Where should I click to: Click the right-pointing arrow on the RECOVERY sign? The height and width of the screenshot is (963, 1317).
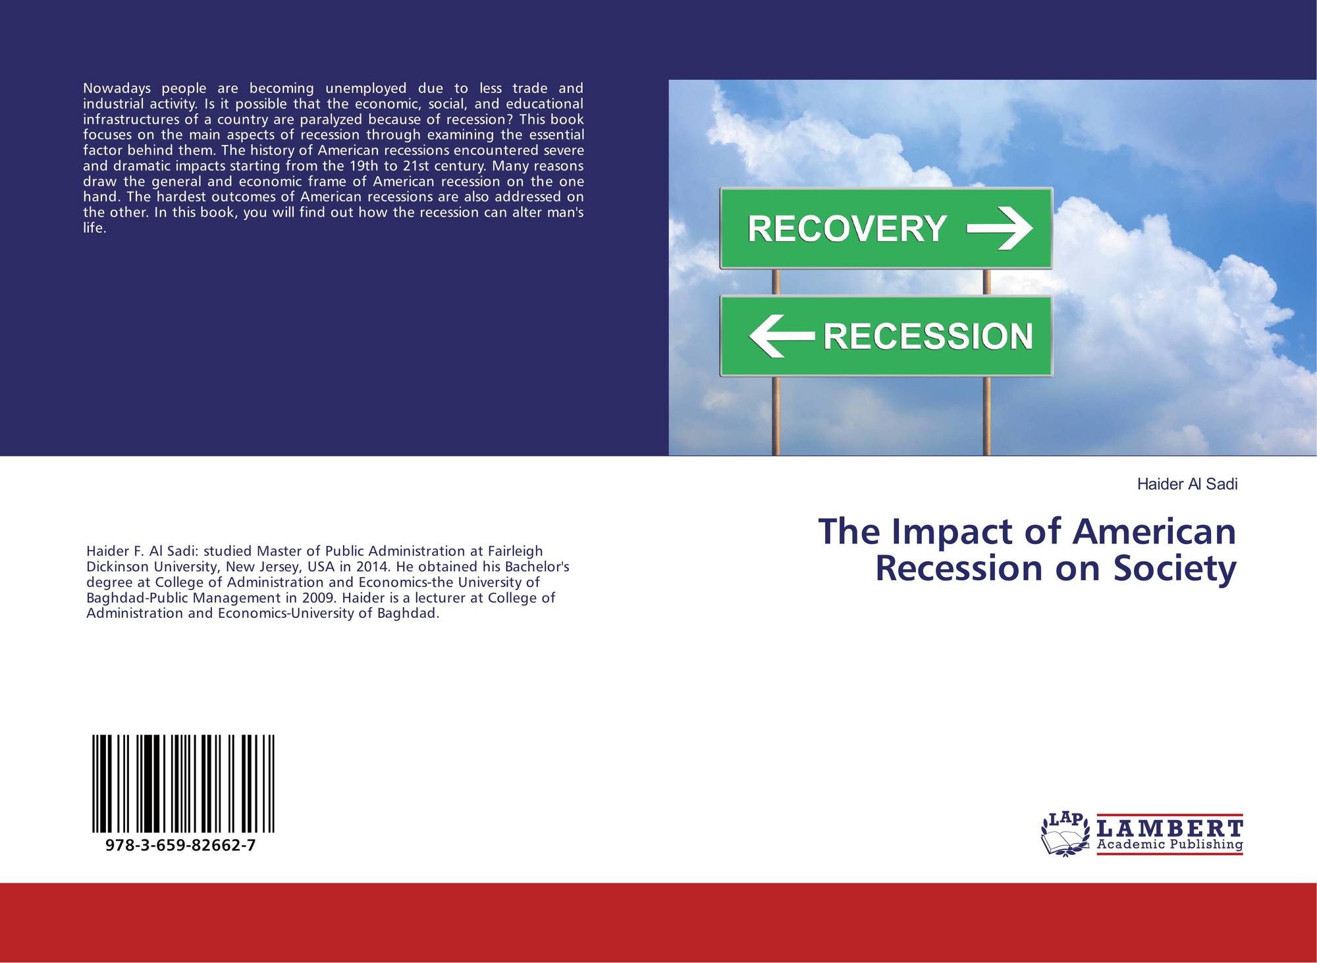(1000, 229)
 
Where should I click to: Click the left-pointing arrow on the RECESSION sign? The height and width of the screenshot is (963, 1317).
(782, 336)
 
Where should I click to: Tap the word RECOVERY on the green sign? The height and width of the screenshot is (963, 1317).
(847, 229)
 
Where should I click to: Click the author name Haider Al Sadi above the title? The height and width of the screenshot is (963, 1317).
(1187, 485)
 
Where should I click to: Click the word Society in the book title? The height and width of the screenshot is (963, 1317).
(1175, 569)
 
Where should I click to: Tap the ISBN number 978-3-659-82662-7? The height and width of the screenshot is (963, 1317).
(180, 846)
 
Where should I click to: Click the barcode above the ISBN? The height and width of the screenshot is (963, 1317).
(184, 784)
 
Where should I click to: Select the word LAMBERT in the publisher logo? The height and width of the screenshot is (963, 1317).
(1170, 827)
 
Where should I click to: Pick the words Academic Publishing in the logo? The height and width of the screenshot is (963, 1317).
(1170, 844)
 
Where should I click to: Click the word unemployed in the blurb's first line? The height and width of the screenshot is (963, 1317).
(366, 89)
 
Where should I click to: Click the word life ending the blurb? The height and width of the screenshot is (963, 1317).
(94, 229)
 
